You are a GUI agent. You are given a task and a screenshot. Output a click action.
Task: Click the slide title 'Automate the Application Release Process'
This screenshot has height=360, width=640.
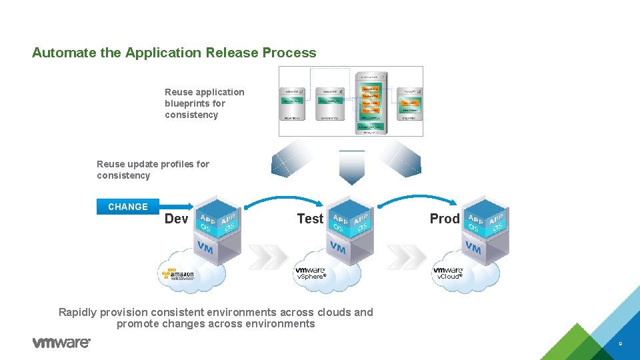pyautogui.click(x=174, y=53)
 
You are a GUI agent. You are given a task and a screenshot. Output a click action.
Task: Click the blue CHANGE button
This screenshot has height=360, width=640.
pyautogui.click(x=128, y=207)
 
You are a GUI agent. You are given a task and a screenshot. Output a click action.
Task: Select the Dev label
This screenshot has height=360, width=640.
pyautogui.click(x=177, y=219)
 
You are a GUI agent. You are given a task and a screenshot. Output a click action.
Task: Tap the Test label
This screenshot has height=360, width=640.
pyautogui.click(x=310, y=219)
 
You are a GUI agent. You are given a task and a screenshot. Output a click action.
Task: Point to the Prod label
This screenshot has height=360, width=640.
pyautogui.click(x=445, y=219)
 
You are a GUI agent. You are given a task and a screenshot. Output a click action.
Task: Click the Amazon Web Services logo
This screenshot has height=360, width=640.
pyautogui.click(x=177, y=273)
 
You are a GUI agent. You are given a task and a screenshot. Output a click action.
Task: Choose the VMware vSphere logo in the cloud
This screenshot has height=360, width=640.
pyautogui.click(x=311, y=273)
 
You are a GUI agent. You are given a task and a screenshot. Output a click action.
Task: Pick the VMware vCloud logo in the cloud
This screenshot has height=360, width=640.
pyautogui.click(x=448, y=273)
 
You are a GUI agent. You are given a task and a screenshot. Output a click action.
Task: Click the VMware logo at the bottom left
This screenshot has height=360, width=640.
pyautogui.click(x=61, y=343)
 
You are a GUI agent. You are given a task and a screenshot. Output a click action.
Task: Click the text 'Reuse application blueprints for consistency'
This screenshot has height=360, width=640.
pyautogui.click(x=205, y=103)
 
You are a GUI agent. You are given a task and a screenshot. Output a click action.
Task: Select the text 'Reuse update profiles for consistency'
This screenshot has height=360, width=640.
pyautogui.click(x=153, y=170)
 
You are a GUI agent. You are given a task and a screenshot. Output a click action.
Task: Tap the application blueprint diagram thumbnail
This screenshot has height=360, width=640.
pyautogui.click(x=351, y=101)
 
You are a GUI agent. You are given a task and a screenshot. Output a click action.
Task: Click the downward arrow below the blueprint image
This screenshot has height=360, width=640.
pyautogui.click(x=351, y=168)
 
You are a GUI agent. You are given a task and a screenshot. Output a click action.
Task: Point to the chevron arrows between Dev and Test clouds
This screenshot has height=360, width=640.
pyautogui.click(x=268, y=255)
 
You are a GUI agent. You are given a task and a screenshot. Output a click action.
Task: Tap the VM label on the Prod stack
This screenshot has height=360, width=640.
pyautogui.click(x=473, y=249)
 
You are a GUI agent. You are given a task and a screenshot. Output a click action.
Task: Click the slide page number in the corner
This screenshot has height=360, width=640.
pyautogui.click(x=620, y=345)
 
